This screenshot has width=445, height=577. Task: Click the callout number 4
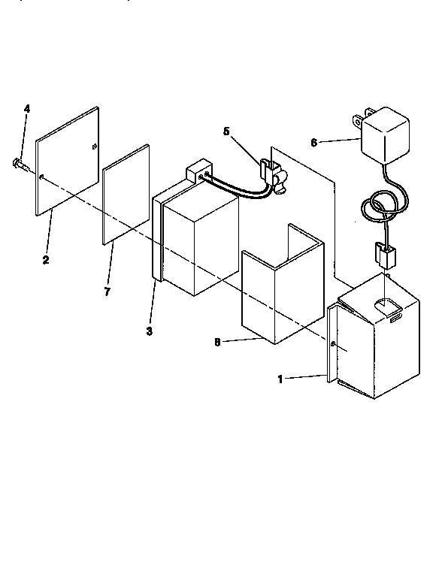pos(27,109)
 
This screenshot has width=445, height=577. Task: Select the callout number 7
pos(107,292)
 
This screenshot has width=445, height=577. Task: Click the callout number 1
pos(280,379)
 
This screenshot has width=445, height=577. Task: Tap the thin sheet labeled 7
pos(125,195)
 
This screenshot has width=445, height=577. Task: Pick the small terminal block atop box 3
pos(198,171)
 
